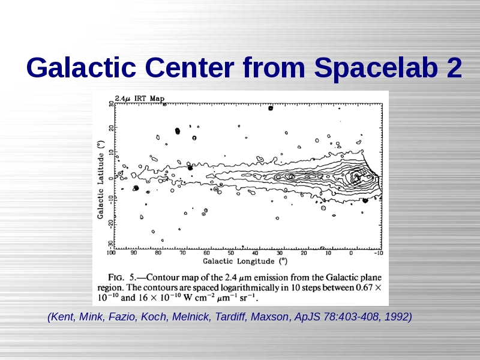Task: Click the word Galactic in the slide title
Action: point(81,68)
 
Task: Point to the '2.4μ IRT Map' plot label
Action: point(140,98)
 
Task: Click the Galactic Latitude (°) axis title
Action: point(101,179)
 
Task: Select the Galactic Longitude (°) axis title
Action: point(245,261)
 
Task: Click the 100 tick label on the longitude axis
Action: point(111,253)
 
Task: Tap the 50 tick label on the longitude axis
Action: point(230,253)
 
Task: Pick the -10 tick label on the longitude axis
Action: point(379,253)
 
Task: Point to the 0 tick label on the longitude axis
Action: point(351,253)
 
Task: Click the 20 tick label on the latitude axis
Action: point(111,128)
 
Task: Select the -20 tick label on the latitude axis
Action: point(111,224)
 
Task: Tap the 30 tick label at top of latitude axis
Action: point(111,104)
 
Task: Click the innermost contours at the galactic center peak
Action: point(356,176)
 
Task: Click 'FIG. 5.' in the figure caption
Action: point(122,277)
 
